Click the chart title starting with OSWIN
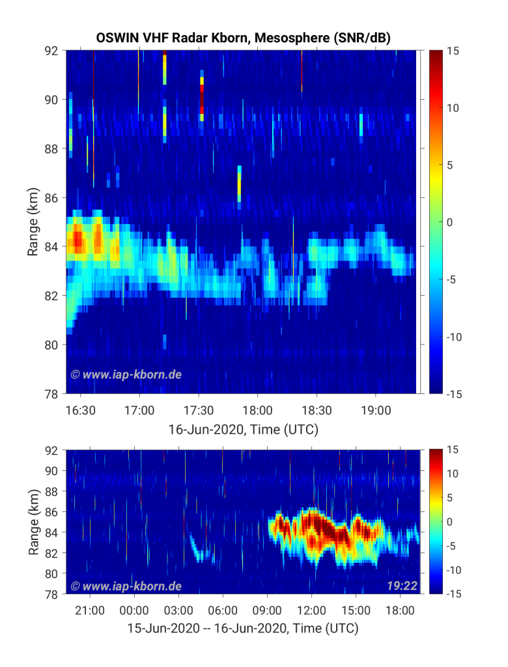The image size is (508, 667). point(243,38)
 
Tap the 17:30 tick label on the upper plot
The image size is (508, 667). point(198,410)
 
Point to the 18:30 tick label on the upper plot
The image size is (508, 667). point(317,410)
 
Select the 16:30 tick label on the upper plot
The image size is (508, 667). point(81,410)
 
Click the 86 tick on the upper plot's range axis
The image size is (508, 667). point(51,198)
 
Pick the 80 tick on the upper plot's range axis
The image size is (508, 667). point(51,345)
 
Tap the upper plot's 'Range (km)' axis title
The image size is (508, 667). point(33,221)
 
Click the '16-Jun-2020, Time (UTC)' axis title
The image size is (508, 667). point(243,429)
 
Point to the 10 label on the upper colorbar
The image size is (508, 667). point(453,108)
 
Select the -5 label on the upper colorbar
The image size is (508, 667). point(451,279)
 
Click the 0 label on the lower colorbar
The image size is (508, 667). point(449,522)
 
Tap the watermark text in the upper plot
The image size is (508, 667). point(126,375)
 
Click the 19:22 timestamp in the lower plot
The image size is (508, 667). point(402,586)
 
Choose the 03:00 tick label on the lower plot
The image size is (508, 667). point(178,610)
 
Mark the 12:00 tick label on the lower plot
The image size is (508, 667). point(311,610)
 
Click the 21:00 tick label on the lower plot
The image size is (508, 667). point(90,610)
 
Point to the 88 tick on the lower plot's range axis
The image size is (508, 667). point(51,491)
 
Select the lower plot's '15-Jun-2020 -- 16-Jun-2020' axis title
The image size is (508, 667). point(243,629)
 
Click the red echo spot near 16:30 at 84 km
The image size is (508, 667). point(78,240)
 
